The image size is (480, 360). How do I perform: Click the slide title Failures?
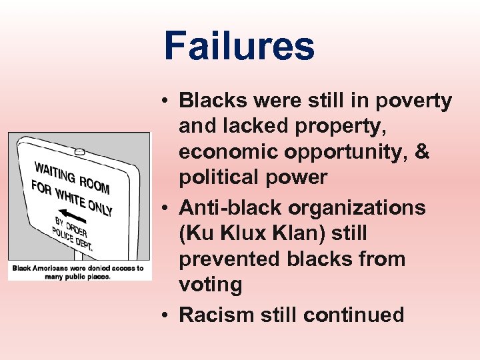point(239,47)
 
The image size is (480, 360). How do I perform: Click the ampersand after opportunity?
point(422,153)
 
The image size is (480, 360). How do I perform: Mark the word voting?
point(210,285)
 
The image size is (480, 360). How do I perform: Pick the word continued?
point(353,314)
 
